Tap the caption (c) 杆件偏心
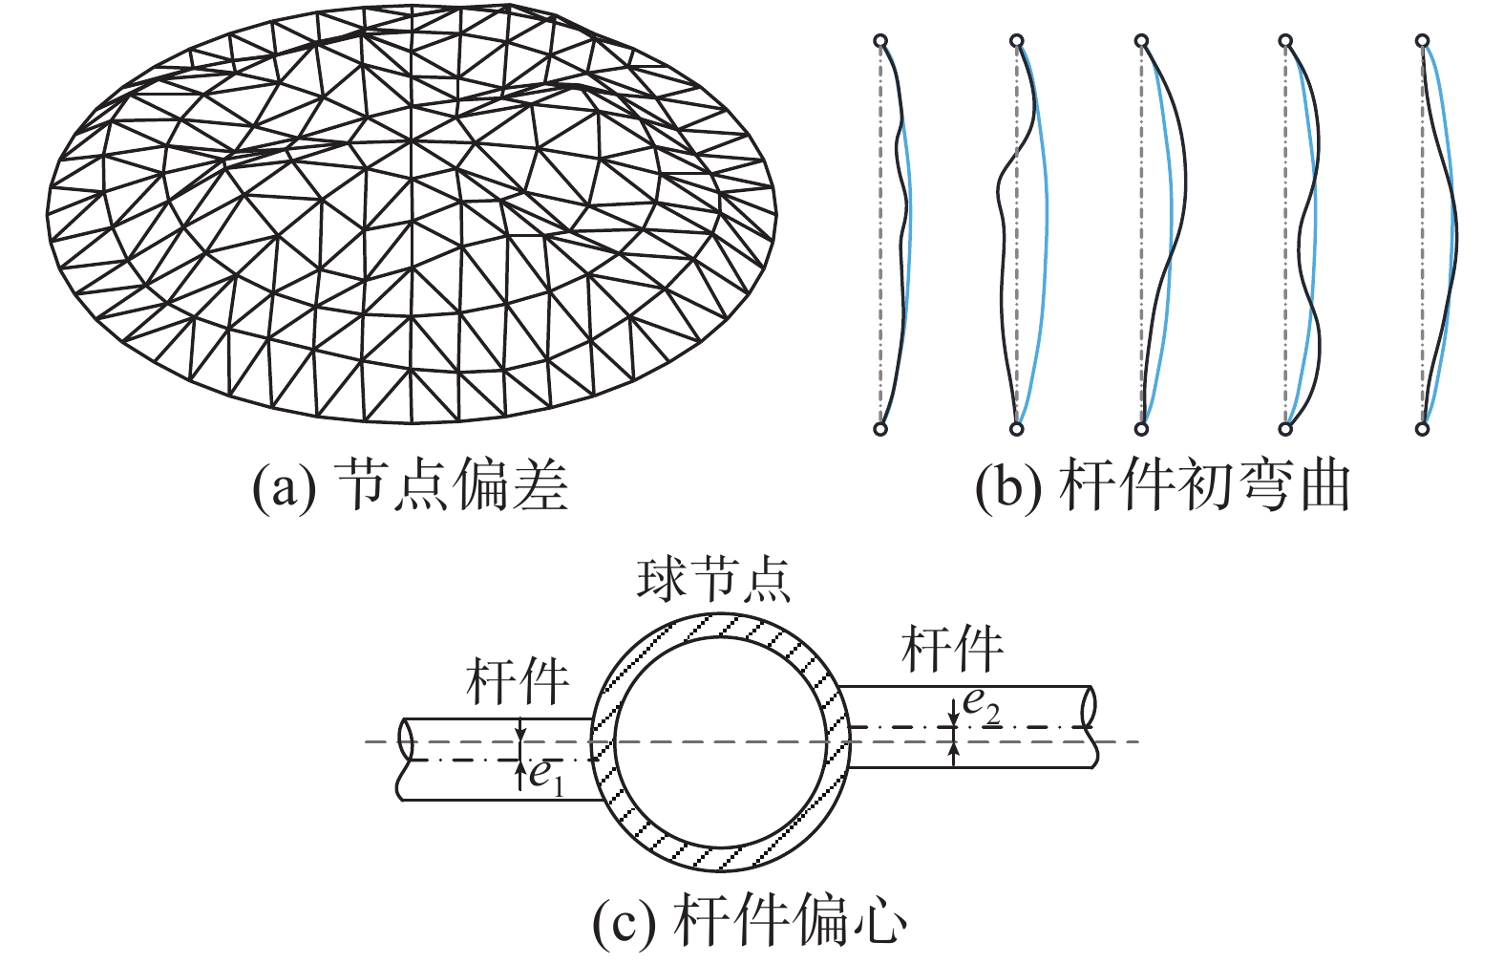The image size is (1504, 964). (x=750, y=921)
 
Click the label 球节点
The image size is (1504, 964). (x=714, y=579)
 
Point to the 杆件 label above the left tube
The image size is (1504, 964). (x=518, y=681)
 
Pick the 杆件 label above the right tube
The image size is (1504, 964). (x=952, y=649)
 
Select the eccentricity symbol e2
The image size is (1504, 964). (x=981, y=704)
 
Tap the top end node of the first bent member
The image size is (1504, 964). (x=880, y=41)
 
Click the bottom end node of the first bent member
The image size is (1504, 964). (x=880, y=429)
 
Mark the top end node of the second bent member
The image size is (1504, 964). (x=1017, y=41)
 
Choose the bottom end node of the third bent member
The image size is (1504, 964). (x=1141, y=429)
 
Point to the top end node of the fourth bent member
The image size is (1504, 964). (x=1285, y=41)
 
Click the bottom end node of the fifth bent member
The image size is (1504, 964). (x=1423, y=429)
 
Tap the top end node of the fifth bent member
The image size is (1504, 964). (x=1423, y=41)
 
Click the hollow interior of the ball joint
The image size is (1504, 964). (x=720, y=741)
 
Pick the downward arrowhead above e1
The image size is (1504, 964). (x=519, y=735)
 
